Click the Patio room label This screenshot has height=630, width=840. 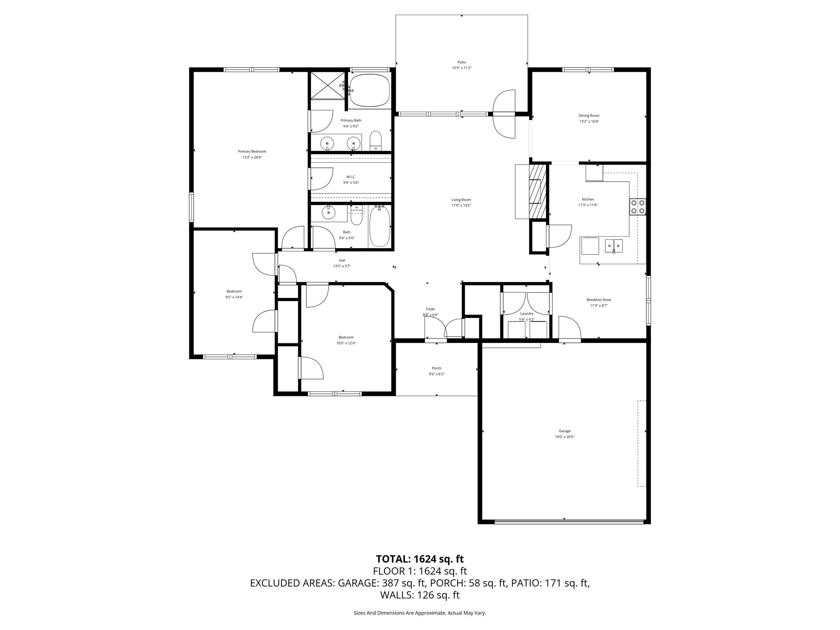462,62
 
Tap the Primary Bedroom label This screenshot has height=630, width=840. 252,151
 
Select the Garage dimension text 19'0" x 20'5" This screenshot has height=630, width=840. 564,437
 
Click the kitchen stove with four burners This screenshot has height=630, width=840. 637,207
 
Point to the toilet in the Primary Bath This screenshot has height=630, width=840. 376,142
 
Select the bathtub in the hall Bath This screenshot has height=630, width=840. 379,227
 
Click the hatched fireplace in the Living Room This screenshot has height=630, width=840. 538,191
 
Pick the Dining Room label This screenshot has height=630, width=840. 589,116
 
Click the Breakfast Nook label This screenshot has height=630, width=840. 599,299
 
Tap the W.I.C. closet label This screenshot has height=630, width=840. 351,177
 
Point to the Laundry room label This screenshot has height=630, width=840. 527,314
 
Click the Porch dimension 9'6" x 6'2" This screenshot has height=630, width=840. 436,374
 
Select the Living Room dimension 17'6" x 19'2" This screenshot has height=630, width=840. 461,205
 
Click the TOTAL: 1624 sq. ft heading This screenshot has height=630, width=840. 420,559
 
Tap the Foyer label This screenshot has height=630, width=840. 430,309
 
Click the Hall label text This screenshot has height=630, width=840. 342,260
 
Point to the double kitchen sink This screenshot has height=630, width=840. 614,245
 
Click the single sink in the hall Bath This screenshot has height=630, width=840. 328,213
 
